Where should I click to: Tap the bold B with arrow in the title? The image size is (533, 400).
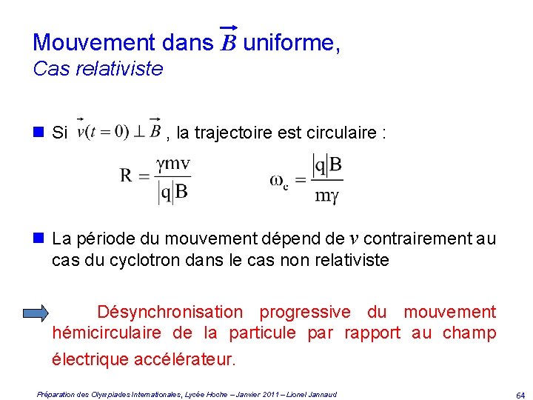pos(228,42)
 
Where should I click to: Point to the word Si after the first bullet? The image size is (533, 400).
pos(60,133)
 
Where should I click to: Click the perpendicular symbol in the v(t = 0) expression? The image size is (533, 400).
pos(138,132)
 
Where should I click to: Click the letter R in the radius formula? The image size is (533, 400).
pos(127,176)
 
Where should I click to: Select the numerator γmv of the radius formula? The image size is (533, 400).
pos(173,164)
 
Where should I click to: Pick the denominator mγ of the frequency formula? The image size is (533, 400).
pos(326,196)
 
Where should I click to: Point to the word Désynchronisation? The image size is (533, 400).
pos(170,312)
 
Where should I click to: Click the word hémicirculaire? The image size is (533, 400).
pos(107,333)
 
